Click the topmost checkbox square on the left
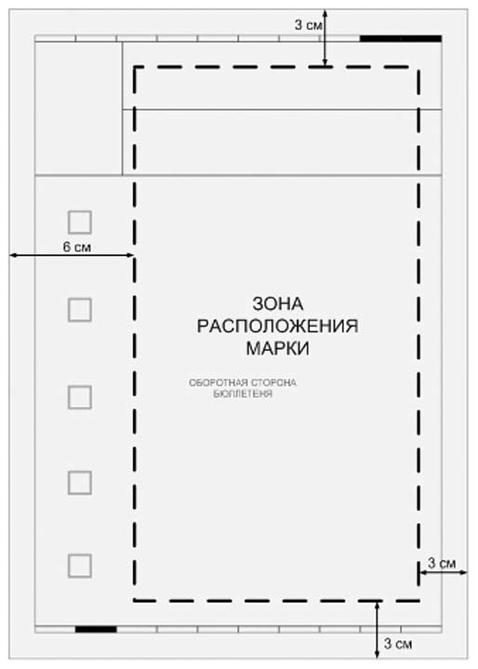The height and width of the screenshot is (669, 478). [x=80, y=221]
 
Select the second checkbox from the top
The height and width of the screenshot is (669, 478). [x=80, y=310]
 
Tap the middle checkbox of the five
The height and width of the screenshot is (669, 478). [x=80, y=397]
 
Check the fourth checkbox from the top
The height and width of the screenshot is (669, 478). [x=80, y=482]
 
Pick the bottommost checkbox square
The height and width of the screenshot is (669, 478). [x=80, y=565]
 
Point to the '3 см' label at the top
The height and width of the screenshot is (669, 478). [x=309, y=25]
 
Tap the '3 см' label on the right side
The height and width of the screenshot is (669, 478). [x=441, y=563]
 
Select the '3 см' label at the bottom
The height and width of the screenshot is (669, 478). [x=396, y=643]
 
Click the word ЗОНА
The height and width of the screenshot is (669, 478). [x=278, y=304]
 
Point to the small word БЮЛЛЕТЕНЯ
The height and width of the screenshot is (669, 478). [x=243, y=393]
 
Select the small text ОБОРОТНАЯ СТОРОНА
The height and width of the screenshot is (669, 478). [x=246, y=382]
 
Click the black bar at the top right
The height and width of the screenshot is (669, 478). [x=400, y=38]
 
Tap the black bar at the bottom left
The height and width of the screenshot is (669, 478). [x=96, y=629]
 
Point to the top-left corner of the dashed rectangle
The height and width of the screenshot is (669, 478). [x=135, y=67]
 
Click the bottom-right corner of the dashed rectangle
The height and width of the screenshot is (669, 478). [x=418, y=600]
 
